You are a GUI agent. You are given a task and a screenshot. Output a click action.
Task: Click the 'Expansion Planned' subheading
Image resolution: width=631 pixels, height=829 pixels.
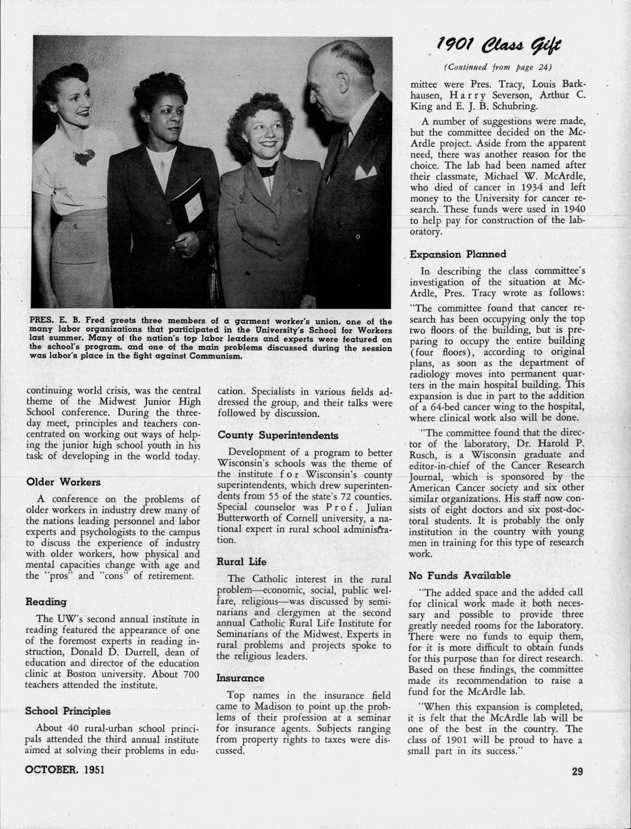tap(458, 254)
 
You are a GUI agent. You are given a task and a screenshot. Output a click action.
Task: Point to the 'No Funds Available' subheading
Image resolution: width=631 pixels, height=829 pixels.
tap(459, 575)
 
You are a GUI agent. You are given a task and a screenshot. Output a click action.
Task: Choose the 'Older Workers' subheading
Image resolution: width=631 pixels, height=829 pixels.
tap(64, 482)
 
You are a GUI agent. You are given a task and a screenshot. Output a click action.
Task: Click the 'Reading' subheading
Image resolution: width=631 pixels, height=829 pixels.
tap(46, 601)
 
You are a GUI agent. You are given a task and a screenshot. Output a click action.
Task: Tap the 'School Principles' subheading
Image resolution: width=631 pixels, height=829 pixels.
tap(68, 711)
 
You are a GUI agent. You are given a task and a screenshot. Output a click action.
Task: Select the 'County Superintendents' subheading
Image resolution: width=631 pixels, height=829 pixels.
tap(278, 435)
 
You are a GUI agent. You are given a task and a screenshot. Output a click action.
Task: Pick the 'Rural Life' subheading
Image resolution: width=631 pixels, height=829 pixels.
tap(242, 562)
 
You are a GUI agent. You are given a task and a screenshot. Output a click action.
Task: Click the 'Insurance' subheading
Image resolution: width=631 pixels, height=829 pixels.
tap(240, 678)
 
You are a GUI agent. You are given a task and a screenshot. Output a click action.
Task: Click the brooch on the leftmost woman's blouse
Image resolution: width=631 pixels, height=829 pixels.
tap(84, 156)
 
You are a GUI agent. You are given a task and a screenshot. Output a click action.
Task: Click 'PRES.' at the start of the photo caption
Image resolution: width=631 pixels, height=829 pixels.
tap(42, 322)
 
